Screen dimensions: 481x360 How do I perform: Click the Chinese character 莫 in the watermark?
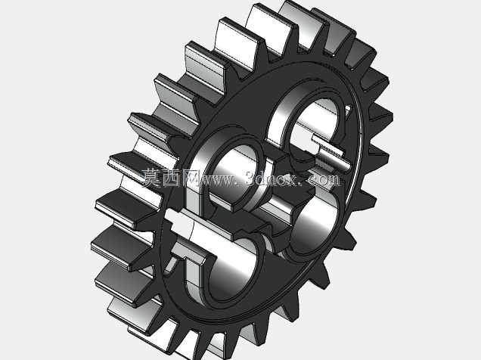click(151, 178)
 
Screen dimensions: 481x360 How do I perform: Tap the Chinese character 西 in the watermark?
click(171, 178)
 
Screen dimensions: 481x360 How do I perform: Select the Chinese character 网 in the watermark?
click(190, 178)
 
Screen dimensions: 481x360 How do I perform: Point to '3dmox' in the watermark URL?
click(271, 178)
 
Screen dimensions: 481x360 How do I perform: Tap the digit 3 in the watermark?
click(250, 178)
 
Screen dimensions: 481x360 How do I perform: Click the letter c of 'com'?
click(312, 180)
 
